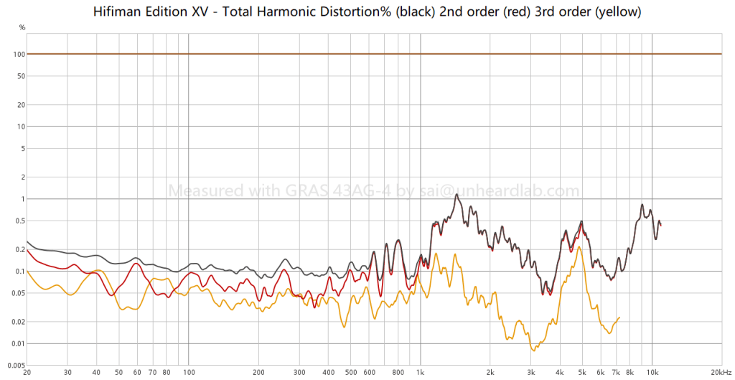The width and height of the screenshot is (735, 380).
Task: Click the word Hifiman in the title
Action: tap(116, 12)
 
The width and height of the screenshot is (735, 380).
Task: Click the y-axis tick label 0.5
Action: tap(22, 221)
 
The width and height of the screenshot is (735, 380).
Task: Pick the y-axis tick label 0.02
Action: tap(19, 321)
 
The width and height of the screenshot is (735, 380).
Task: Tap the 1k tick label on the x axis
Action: tap(420, 373)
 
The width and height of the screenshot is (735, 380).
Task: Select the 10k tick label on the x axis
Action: tap(652, 373)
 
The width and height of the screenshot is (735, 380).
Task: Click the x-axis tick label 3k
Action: tap(530, 373)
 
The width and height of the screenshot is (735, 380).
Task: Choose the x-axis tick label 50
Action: tap(118, 373)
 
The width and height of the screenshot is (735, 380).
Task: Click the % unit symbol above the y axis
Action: tap(22, 27)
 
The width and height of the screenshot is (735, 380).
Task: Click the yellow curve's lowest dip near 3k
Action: tap(533, 350)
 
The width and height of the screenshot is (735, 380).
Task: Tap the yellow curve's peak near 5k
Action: tap(578, 247)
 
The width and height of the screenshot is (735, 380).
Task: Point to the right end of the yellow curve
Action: tap(619, 318)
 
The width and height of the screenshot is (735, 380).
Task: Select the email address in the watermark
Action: tap(506, 191)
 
